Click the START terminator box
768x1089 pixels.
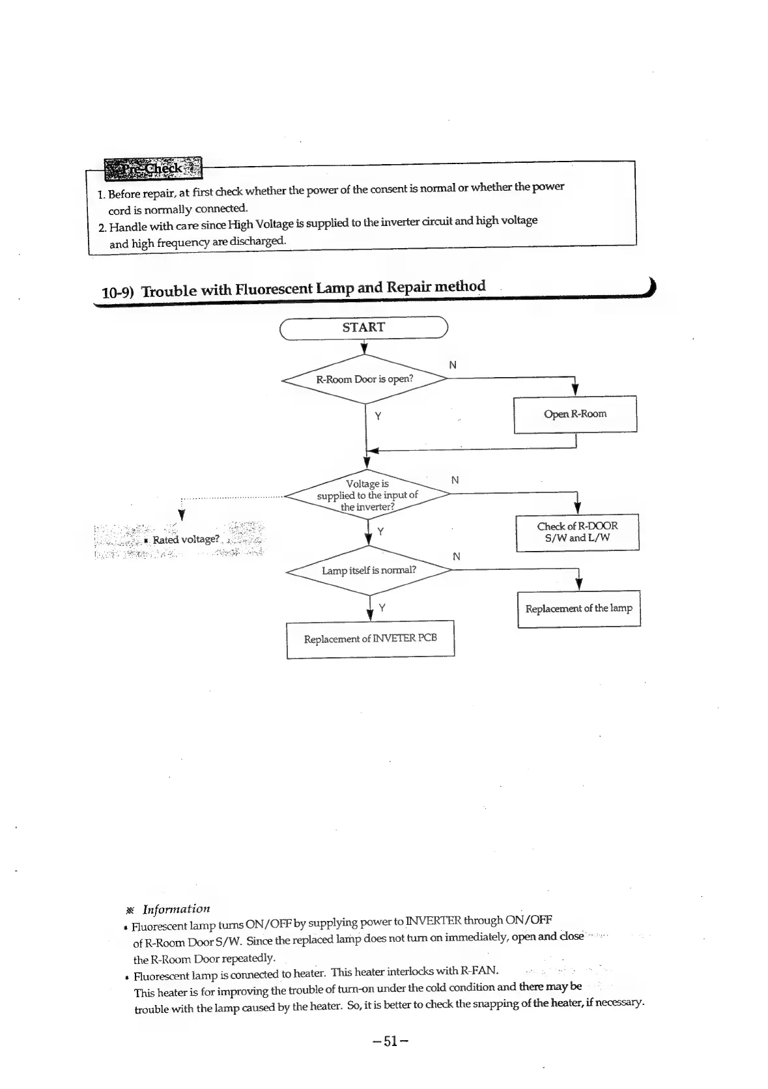point(363,328)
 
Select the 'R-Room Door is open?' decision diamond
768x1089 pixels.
point(365,379)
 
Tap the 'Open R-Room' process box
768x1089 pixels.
point(575,414)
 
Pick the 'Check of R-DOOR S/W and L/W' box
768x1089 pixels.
point(577,532)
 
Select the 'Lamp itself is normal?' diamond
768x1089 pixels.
point(369,571)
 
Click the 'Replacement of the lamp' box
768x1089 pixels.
point(578,608)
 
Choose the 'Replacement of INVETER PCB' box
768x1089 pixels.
point(370,639)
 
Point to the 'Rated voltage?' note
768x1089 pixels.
point(185,539)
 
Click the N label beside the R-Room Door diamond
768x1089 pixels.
point(453,365)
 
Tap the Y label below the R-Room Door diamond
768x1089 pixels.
point(378,416)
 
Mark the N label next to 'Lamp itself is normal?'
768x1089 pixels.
point(456,556)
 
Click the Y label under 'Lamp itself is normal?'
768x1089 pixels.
point(382,608)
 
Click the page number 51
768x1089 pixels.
point(390,1041)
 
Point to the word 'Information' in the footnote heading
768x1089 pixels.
point(176,909)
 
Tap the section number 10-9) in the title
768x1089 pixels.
point(118,292)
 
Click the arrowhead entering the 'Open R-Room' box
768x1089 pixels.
point(575,389)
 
